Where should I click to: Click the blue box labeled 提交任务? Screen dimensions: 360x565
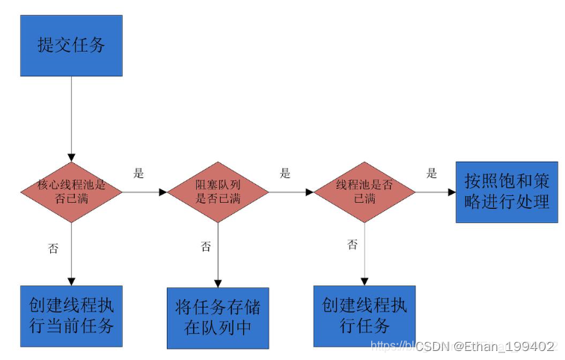coord(71,44)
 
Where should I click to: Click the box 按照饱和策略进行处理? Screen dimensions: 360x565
coord(507,192)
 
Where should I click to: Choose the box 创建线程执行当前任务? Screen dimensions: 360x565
coord(71,316)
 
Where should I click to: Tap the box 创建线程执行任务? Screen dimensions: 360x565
coord(364,316)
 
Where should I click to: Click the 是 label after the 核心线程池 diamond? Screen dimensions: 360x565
coord(138,174)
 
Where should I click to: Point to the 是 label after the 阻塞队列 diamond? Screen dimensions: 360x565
coord(285,174)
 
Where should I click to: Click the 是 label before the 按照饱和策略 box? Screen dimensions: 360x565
coord(432,174)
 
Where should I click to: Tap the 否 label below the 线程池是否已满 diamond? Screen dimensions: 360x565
coord(352,245)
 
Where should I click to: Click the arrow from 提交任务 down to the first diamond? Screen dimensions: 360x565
coord(71,120)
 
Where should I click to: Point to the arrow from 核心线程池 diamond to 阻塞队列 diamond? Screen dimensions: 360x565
coord(144,192)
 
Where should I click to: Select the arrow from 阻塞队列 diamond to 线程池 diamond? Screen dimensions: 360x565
coord(290,192)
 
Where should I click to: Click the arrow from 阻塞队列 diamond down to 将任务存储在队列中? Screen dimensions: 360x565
coord(218,254)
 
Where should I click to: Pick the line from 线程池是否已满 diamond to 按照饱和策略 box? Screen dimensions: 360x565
coord(436,192)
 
